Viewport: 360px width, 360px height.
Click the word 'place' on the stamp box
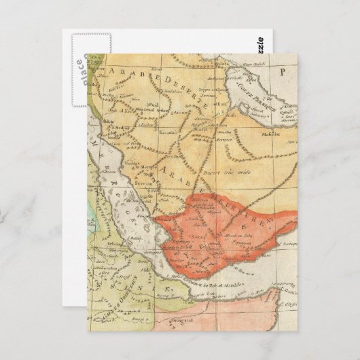tap(79, 68)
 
